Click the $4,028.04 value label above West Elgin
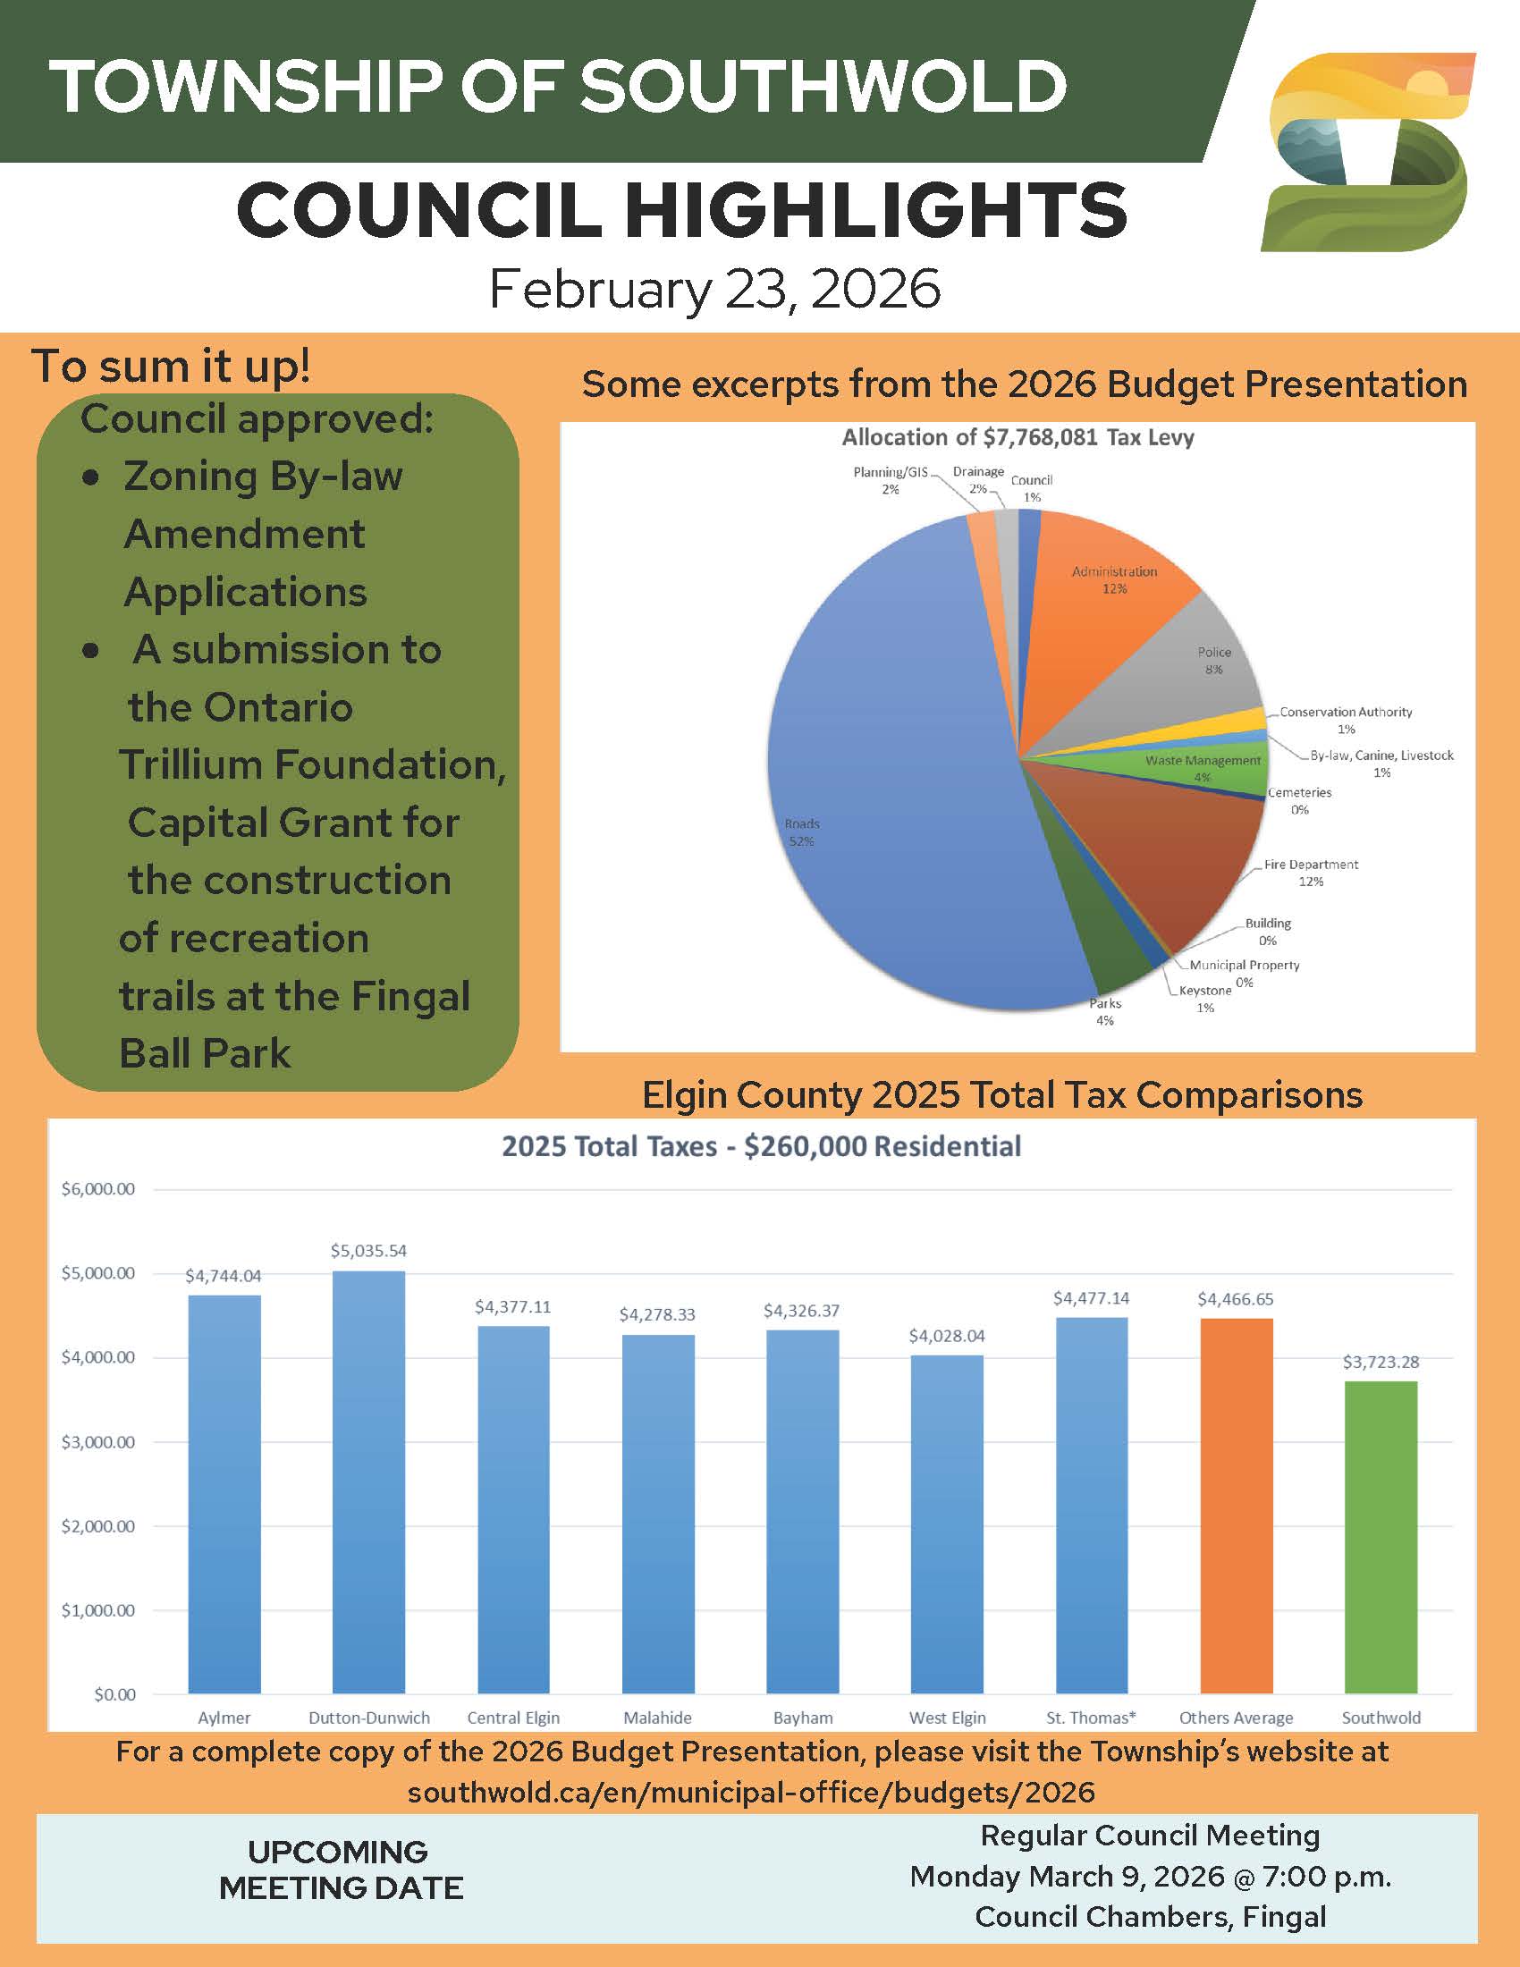click(x=946, y=1336)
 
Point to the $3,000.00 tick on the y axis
click(x=98, y=1442)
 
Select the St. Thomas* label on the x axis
click(x=1091, y=1718)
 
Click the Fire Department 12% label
click(x=1311, y=873)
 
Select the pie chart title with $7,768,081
click(x=1018, y=438)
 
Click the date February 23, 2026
click(x=715, y=290)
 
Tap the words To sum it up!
click(x=171, y=367)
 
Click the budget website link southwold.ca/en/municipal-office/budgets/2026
click(x=751, y=1792)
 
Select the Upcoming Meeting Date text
click(x=341, y=1869)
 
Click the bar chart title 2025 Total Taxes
click(x=761, y=1146)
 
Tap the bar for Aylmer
click(x=224, y=1494)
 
